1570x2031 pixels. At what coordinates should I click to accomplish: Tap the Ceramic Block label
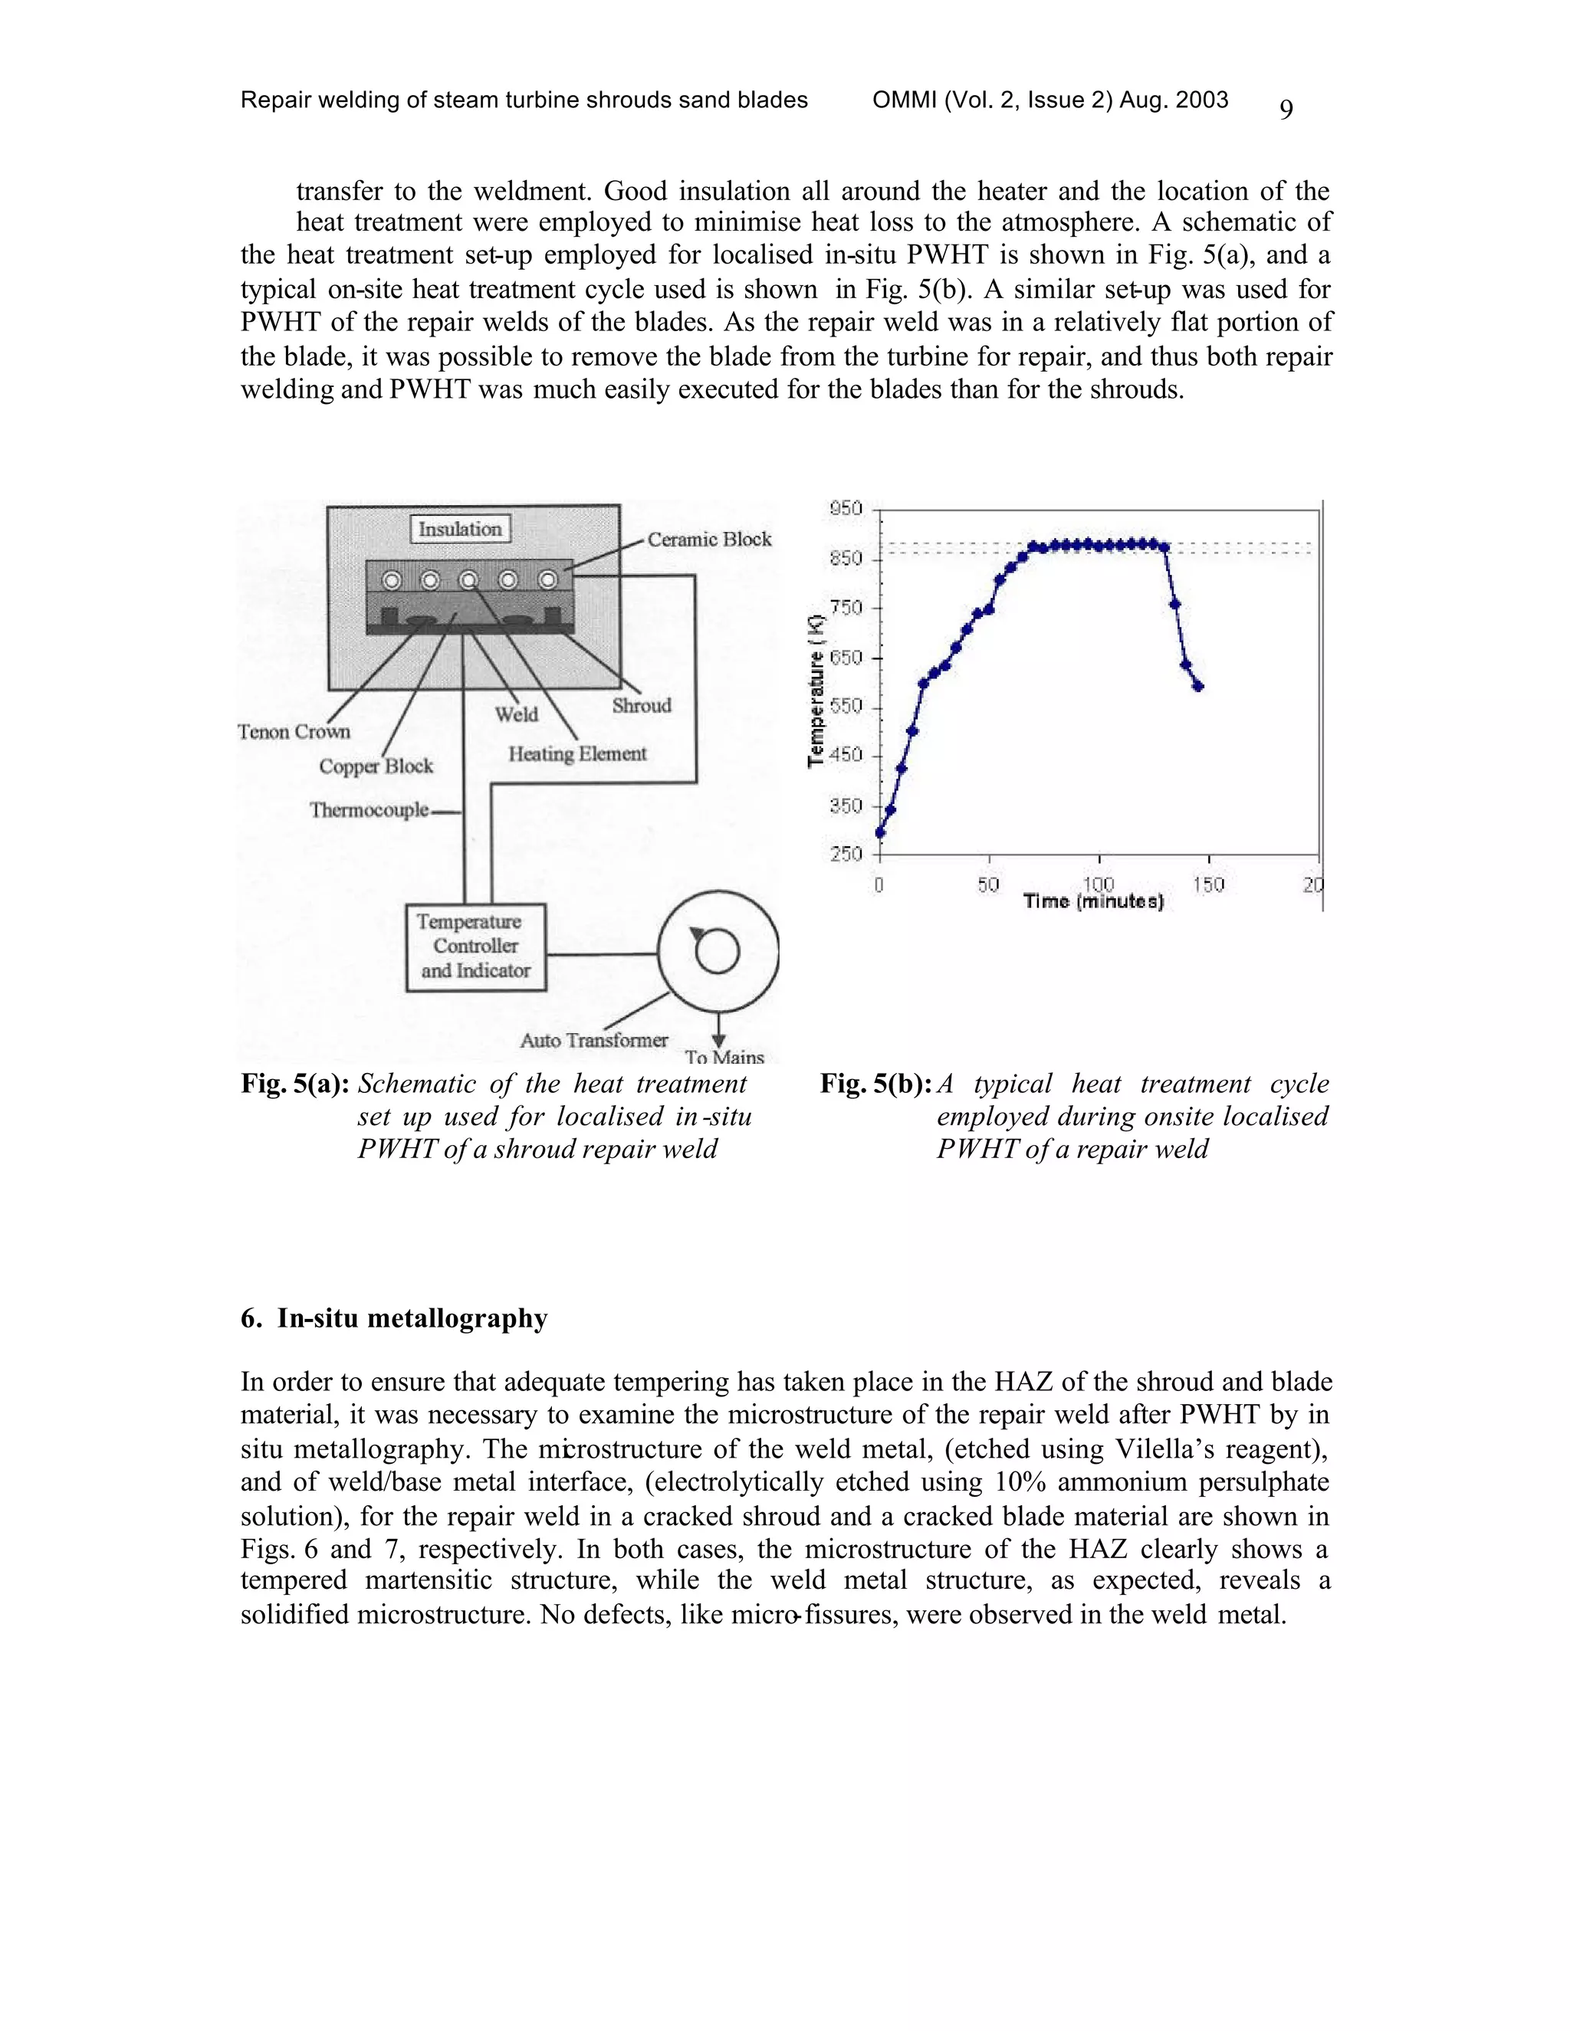click(x=709, y=540)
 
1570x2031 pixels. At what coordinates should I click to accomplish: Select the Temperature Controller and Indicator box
click(x=475, y=947)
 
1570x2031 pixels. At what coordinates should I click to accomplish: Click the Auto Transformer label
click(x=593, y=1040)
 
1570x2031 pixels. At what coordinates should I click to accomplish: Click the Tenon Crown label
click(x=294, y=732)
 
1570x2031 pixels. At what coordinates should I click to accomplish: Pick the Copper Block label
click(x=376, y=766)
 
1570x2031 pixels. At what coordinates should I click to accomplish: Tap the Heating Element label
click(x=576, y=753)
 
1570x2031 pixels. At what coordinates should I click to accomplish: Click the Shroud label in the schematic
click(x=641, y=706)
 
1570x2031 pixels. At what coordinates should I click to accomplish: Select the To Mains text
click(x=724, y=1058)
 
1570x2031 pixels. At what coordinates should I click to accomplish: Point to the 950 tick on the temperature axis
click(x=846, y=509)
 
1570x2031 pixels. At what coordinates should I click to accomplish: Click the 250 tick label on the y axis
click(x=846, y=854)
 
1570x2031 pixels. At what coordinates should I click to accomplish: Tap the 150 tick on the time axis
click(x=1208, y=884)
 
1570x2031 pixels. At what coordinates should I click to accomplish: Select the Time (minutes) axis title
click(x=1094, y=901)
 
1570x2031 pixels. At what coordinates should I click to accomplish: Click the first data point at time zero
click(x=880, y=832)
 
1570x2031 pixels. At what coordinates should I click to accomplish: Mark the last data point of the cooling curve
click(x=1199, y=686)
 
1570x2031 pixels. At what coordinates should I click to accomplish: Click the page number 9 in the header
click(x=1286, y=110)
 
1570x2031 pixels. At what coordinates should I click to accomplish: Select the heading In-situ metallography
click(x=394, y=1319)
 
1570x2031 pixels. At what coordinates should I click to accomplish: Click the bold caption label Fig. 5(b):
click(x=876, y=1084)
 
